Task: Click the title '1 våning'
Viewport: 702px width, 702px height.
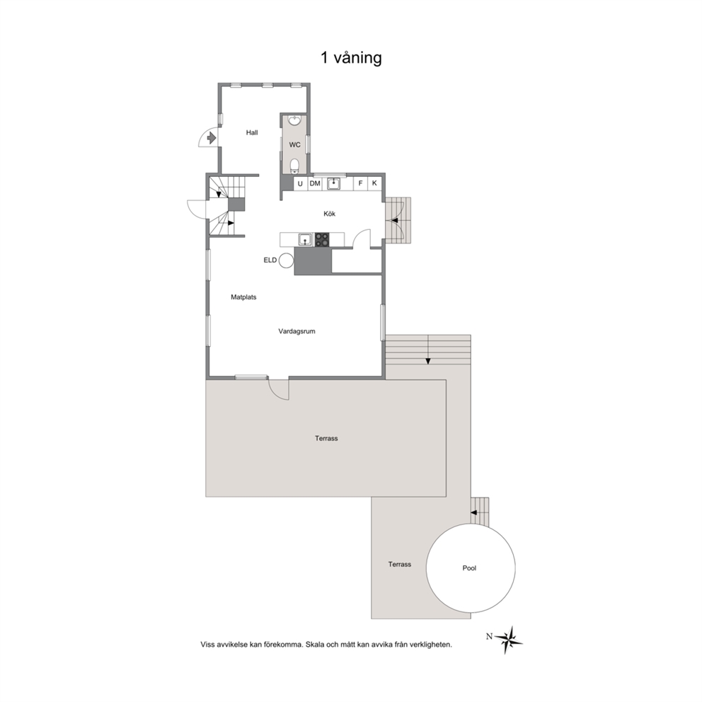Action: click(351, 58)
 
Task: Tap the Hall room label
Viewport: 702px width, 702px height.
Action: click(252, 132)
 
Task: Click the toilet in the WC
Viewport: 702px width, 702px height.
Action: click(294, 166)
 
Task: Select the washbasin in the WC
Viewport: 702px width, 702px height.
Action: click(294, 121)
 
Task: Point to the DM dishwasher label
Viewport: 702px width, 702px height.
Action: click(315, 183)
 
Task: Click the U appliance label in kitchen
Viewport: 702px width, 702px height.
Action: click(300, 183)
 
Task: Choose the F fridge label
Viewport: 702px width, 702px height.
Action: click(360, 183)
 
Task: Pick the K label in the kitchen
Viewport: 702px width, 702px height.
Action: click(374, 183)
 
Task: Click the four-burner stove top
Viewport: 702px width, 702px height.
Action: click(322, 239)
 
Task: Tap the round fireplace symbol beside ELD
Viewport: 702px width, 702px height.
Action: click(286, 260)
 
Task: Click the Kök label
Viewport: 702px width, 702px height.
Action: click(330, 214)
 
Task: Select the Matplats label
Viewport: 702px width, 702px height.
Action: click(243, 297)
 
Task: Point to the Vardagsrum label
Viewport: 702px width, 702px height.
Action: click(297, 331)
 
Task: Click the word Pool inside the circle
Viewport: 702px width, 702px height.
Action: click(469, 568)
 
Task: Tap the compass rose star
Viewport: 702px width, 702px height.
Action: click(509, 640)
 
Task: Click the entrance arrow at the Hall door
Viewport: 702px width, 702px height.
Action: click(212, 138)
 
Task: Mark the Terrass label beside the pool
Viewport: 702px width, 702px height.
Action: click(399, 565)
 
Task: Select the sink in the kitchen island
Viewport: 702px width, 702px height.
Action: click(305, 239)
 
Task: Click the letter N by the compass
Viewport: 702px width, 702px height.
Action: click(489, 637)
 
